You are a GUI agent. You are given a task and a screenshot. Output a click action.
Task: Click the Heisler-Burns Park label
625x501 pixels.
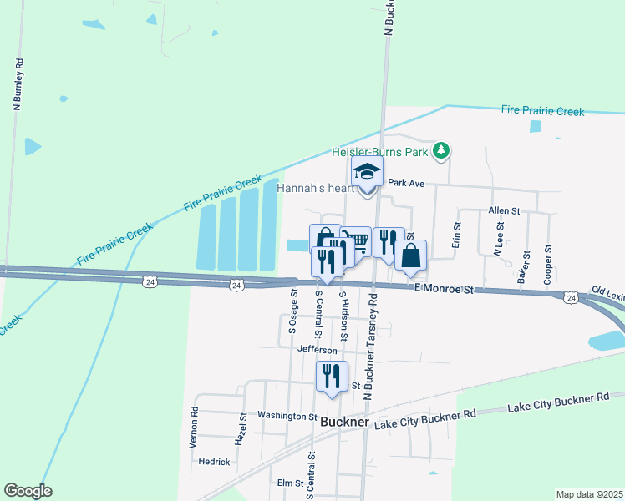[380, 152]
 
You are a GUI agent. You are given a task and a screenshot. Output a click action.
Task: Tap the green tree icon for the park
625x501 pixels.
[442, 151]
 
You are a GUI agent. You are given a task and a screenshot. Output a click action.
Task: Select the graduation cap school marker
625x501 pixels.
[366, 173]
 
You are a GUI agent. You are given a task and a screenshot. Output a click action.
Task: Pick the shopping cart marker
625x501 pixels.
[358, 242]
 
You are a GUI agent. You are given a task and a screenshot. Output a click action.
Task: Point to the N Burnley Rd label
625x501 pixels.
[17, 84]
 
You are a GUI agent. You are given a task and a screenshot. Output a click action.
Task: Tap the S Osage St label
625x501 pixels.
[292, 311]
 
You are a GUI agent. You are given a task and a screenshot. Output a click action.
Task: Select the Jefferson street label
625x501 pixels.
[317, 350]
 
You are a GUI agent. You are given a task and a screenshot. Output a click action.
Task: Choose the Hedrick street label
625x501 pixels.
[214, 461]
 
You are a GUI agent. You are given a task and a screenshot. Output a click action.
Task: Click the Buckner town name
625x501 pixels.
[344, 423]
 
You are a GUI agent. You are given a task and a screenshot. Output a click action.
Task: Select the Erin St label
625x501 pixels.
[457, 235]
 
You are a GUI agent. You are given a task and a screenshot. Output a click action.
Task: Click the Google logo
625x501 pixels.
[28, 491]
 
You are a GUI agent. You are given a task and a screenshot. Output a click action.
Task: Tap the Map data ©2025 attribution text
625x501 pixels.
[590, 494]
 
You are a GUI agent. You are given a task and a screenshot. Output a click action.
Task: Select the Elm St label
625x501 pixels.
[289, 483]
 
